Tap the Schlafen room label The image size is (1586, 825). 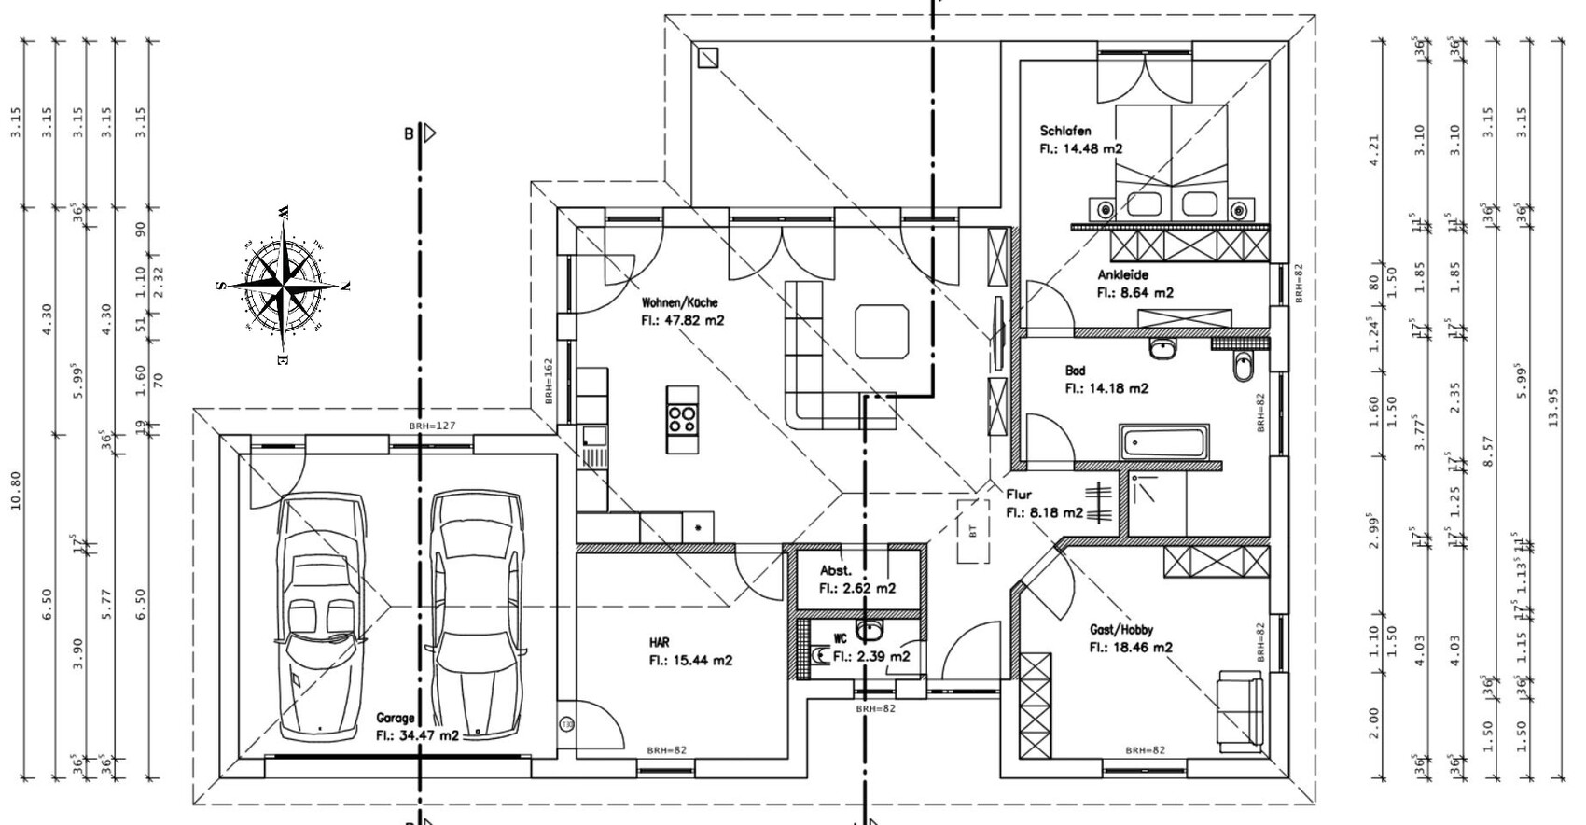pyautogui.click(x=1064, y=131)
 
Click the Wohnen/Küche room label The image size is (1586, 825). pyautogui.click(x=679, y=302)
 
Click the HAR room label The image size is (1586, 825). pyautogui.click(x=659, y=643)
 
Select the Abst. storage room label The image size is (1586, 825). pyautogui.click(x=835, y=570)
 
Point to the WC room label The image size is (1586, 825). pyautogui.click(x=840, y=639)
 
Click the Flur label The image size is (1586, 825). pyautogui.click(x=1018, y=495)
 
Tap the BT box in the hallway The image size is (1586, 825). pyautogui.click(x=973, y=531)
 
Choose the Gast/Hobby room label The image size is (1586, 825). pyautogui.click(x=1120, y=629)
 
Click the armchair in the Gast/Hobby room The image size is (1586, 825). pyautogui.click(x=1241, y=709)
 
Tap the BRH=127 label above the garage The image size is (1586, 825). pyautogui.click(x=432, y=426)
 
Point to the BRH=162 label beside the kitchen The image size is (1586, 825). pyautogui.click(x=549, y=381)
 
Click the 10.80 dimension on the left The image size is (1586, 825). pyautogui.click(x=15, y=497)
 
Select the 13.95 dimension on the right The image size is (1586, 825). pyautogui.click(x=1552, y=408)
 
